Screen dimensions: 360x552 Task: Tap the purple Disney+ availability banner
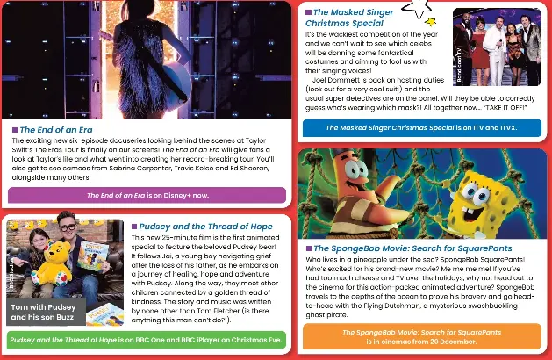click(x=147, y=195)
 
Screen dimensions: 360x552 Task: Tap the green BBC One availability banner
click(x=146, y=340)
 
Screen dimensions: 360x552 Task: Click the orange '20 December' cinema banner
click(x=420, y=336)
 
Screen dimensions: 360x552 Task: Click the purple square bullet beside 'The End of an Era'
click(x=15, y=129)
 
